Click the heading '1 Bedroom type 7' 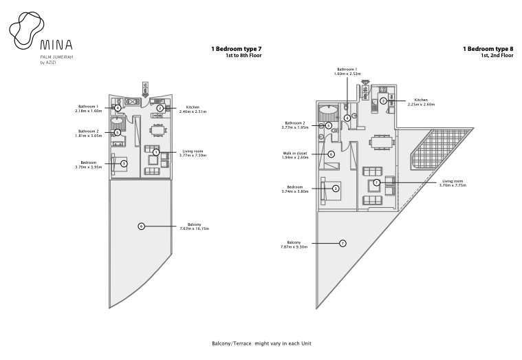[x=237, y=49]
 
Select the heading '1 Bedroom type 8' [x=488, y=49]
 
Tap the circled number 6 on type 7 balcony [x=142, y=226]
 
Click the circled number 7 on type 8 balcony [x=342, y=244]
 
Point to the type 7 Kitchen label [x=193, y=109]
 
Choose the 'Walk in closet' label [x=295, y=156]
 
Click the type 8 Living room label [x=453, y=183]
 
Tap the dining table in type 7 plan [x=157, y=130]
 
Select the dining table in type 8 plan [x=382, y=142]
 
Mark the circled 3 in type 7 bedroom [x=124, y=164]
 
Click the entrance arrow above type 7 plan [x=145, y=89]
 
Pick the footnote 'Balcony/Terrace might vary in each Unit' [x=261, y=343]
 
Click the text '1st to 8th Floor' [x=243, y=56]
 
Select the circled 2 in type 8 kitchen [x=384, y=100]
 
